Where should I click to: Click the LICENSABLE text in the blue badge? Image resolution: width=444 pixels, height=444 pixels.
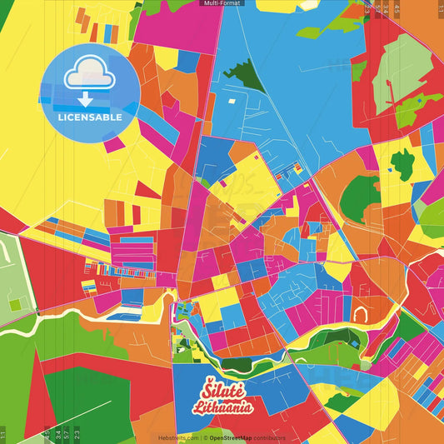point(89,117)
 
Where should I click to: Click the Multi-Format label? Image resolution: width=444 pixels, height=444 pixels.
point(222,3)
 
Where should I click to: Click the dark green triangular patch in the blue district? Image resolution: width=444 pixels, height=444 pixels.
point(244,77)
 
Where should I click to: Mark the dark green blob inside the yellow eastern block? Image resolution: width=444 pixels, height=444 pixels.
point(403,164)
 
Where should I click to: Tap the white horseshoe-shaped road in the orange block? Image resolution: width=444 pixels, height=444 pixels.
point(361,315)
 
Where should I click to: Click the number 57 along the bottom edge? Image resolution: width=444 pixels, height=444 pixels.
point(67,433)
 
